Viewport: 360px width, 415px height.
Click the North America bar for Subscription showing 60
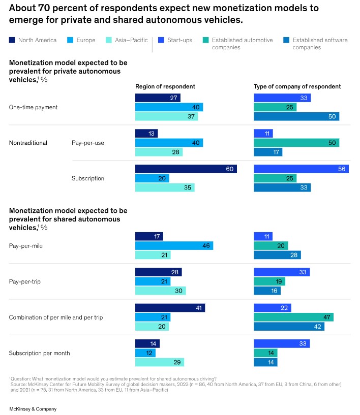[x=186, y=169]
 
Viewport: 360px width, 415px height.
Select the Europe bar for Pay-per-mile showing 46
[x=174, y=245]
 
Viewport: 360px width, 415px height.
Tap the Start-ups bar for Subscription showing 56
[x=301, y=169]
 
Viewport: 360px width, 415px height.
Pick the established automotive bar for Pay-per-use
[x=296, y=143]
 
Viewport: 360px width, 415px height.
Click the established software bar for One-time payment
[x=296, y=117]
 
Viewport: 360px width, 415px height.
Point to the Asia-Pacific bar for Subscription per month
[x=160, y=362]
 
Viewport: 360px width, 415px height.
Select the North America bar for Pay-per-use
[x=146, y=133]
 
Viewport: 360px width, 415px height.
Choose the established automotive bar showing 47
[x=293, y=317]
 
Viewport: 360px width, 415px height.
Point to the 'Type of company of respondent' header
[x=297, y=86]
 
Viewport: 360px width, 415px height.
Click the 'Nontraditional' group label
[x=28, y=143]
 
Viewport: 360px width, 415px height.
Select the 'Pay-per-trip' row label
[x=24, y=281]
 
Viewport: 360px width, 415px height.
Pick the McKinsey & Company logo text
[x=33, y=409]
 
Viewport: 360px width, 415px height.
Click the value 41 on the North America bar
[x=199, y=308]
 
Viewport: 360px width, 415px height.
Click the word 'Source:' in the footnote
[x=20, y=385]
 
